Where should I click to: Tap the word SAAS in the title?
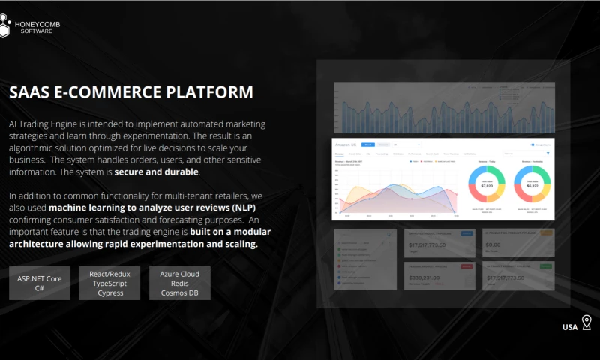pos(28,92)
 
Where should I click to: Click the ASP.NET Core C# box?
pos(40,283)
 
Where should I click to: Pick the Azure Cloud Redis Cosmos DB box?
pos(180,283)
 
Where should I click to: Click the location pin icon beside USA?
pos(586,323)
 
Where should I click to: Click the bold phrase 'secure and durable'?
pos(156,172)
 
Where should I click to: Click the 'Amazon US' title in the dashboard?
pos(347,144)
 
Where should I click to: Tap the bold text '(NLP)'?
pos(242,207)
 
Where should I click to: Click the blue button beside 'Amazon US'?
pos(367,144)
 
